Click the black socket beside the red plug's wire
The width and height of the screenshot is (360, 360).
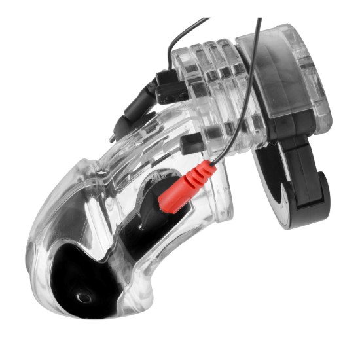point(190,144)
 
